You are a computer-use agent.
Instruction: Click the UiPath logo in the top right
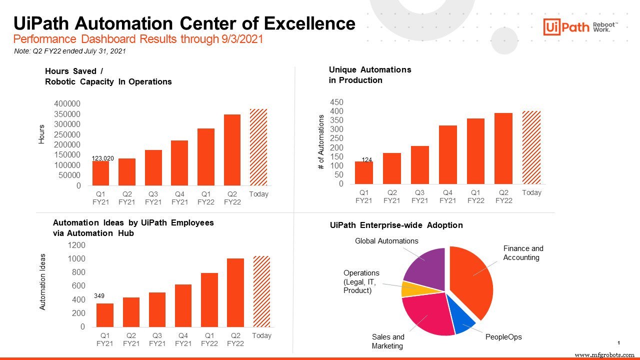(580, 27)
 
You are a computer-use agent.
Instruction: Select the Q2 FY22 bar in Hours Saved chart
(232, 150)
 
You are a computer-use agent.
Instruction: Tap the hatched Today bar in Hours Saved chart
(258, 147)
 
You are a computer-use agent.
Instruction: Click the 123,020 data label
(102, 158)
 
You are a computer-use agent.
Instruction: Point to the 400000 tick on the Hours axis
(67, 104)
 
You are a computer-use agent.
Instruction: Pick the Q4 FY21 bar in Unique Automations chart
(447, 154)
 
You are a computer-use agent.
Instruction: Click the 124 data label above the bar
(367, 160)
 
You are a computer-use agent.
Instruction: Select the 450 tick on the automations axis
(336, 102)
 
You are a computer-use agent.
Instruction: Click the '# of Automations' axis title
(321, 142)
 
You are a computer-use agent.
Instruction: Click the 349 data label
(99, 296)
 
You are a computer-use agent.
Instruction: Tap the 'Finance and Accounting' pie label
(522, 253)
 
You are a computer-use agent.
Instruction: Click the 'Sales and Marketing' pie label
(387, 341)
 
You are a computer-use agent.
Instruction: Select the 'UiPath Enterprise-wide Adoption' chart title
(396, 225)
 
